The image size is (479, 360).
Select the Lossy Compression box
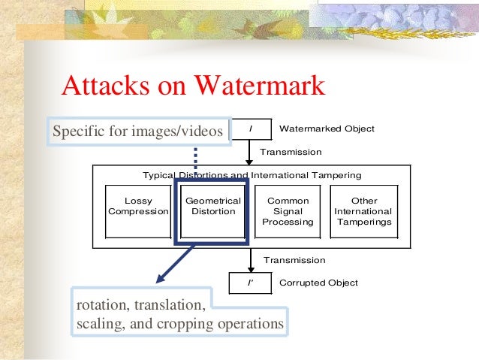coord(138,206)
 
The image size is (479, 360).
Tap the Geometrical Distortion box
coord(212,206)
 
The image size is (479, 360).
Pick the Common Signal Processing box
coord(288,211)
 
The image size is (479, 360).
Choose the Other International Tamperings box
coord(363,211)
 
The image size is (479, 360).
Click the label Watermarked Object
coord(327,129)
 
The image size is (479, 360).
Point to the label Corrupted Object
coord(318,283)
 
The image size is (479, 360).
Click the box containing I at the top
coord(250,129)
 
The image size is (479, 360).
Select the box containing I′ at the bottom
coord(250,283)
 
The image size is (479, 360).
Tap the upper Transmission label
coord(290,152)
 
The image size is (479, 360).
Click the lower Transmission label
coord(294,260)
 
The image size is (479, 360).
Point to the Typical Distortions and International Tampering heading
coord(252,175)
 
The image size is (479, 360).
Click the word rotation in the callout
coord(100,307)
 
